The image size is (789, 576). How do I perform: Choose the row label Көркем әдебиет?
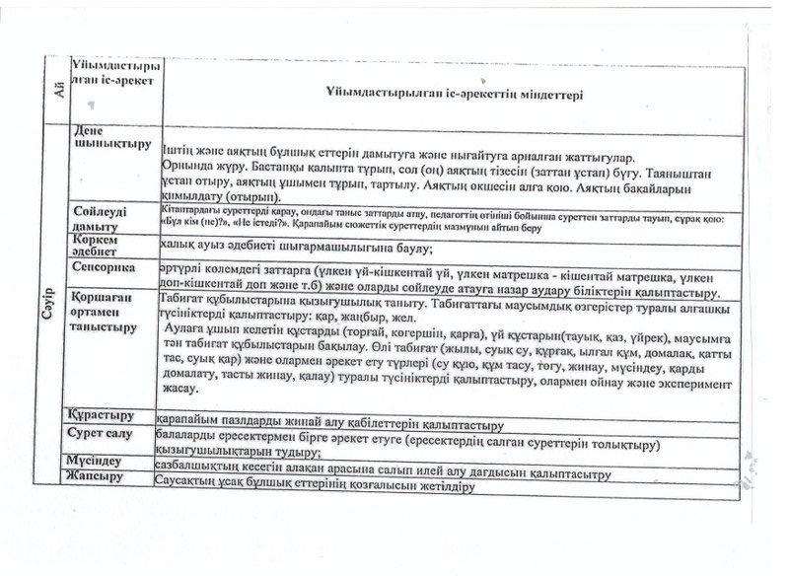tap(94, 245)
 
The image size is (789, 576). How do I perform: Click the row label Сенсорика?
tap(103, 267)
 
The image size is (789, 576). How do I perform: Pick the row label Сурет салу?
tap(102, 434)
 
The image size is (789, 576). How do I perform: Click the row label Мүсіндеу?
tap(96, 461)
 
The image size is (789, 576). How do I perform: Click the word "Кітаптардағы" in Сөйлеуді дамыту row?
tap(186, 209)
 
